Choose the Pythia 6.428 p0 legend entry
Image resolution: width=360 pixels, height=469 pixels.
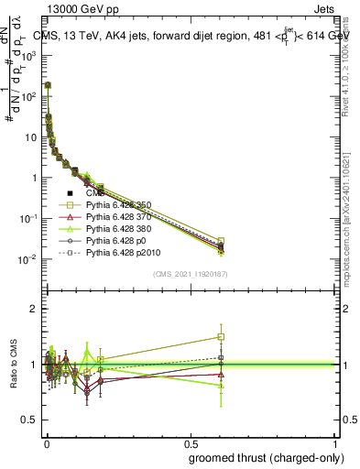[x=120, y=239]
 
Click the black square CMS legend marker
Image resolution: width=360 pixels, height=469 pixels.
[x=70, y=193]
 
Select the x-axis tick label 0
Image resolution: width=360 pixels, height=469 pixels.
[x=46, y=442]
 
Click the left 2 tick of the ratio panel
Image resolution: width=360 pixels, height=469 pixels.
[x=34, y=309]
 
